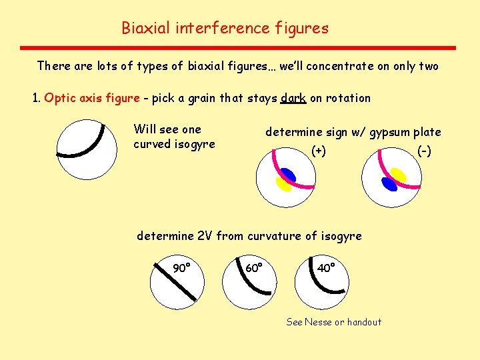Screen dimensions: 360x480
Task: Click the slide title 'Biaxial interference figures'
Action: [x=225, y=28]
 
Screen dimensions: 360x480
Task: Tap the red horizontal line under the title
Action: [x=238, y=48]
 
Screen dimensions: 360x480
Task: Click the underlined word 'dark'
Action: [x=293, y=98]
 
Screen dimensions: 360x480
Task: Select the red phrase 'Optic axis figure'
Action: [x=92, y=98]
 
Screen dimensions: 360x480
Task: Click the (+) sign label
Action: [x=319, y=151]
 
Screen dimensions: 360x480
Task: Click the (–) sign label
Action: [x=424, y=151]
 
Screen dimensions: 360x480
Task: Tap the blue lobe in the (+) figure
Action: [x=289, y=175]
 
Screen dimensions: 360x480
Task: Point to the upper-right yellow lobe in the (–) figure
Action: [x=399, y=175]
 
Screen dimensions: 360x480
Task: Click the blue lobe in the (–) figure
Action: [x=389, y=185]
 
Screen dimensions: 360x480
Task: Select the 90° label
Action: [x=182, y=268]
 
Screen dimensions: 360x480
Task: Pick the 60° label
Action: [x=254, y=268]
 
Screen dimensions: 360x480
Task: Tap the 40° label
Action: [x=325, y=268]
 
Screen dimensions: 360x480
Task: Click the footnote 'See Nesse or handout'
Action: [x=333, y=322]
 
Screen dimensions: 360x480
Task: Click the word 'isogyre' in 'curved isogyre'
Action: [x=194, y=144]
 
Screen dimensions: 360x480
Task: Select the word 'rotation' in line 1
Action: [x=348, y=98]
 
